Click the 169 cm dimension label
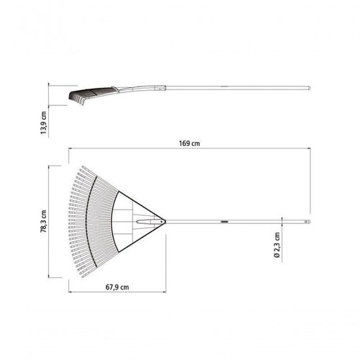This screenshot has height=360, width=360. click(189, 143)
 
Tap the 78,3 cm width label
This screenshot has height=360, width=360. click(43, 222)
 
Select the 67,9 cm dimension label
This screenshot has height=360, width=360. click(117, 287)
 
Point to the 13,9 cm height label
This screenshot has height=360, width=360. click(43, 122)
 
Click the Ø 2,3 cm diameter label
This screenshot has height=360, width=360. click(277, 245)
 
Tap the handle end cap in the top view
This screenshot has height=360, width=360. click(307, 222)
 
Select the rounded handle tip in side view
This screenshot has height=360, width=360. click(308, 88)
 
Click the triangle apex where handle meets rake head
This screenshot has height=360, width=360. click(164, 222)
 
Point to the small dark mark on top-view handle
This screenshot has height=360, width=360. click(224, 222)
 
